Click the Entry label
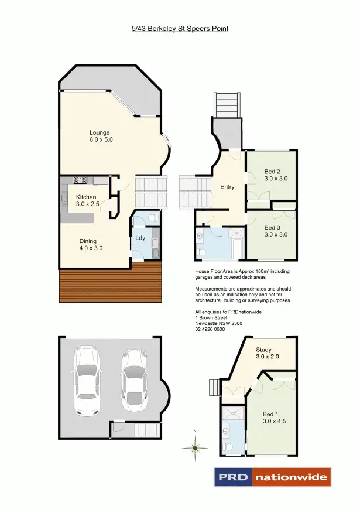coord(227,187)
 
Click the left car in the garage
coord(86,380)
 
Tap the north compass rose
coord(195,448)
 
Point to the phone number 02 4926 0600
coord(210,329)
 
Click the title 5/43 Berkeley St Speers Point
coord(180,28)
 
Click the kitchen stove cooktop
coord(80,180)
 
